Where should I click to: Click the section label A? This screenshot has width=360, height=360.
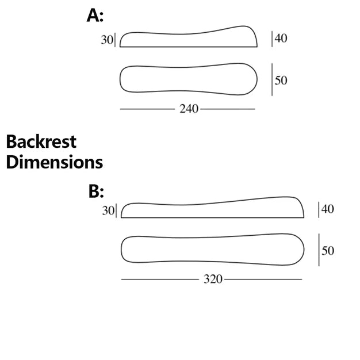click(x=95, y=16)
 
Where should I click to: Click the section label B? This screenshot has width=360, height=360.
click(x=96, y=192)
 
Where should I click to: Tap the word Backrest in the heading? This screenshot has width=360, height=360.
click(x=41, y=141)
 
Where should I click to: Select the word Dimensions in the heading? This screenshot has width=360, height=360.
click(x=55, y=162)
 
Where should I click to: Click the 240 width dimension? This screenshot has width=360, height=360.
click(x=189, y=109)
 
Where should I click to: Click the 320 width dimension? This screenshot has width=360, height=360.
click(x=213, y=279)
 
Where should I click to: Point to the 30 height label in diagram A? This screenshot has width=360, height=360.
click(x=107, y=40)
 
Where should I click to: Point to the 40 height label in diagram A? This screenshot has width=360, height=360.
click(x=281, y=38)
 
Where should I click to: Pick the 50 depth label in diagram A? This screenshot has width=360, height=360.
click(x=281, y=81)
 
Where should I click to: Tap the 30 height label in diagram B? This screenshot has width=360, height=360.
click(x=108, y=210)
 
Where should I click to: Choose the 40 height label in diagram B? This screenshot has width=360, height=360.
click(x=328, y=209)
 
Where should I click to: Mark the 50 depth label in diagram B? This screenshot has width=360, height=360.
click(x=328, y=251)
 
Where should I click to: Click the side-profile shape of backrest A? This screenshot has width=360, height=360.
click(x=189, y=36)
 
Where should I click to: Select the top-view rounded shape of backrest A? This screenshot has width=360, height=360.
click(x=189, y=79)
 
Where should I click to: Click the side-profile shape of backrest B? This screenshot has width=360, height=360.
click(x=213, y=207)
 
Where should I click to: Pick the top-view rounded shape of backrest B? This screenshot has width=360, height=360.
click(x=213, y=250)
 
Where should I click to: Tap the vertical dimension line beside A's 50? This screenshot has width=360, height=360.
click(x=272, y=79)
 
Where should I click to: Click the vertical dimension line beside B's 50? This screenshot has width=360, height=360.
click(x=319, y=250)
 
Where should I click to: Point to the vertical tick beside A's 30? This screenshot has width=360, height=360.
click(x=115, y=40)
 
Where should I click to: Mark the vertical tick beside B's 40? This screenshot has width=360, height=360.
click(x=319, y=210)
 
